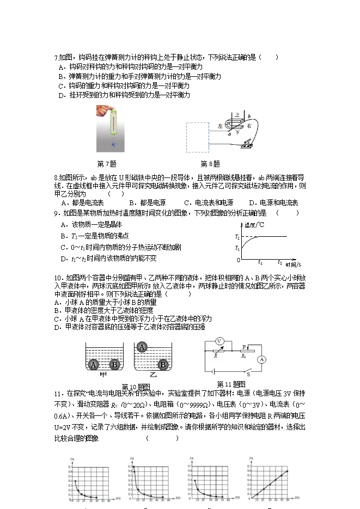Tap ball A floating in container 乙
[x=142, y=347]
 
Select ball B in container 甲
[x=114, y=365]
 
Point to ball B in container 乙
[x=162, y=365]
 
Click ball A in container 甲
[x=94, y=365]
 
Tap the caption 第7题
[x=106, y=164]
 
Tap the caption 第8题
[x=210, y=164]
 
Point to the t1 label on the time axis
[x=260, y=262]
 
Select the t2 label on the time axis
[x=280, y=262]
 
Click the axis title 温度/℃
[x=254, y=225]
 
